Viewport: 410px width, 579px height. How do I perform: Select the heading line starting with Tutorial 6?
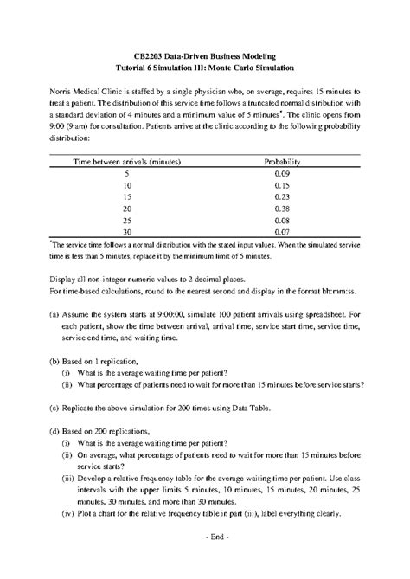[205, 66]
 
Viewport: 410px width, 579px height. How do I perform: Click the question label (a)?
[54, 316]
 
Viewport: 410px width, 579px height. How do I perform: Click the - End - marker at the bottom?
[205, 537]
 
